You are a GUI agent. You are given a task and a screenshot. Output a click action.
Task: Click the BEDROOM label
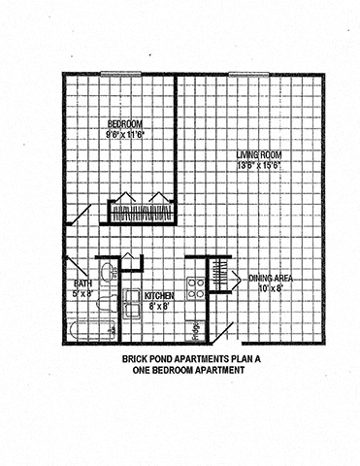tap(125, 124)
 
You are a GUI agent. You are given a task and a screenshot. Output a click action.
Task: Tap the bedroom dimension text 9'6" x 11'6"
tap(125, 136)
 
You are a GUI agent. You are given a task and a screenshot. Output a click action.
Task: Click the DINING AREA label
tap(271, 278)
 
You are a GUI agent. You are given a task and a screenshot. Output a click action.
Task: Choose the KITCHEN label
tap(158, 295)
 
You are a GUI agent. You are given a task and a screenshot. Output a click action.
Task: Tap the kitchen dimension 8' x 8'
tap(158, 306)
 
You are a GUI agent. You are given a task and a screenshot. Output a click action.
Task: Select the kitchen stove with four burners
tap(196, 286)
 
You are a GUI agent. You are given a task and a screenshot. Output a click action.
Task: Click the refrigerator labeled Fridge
tap(196, 328)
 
